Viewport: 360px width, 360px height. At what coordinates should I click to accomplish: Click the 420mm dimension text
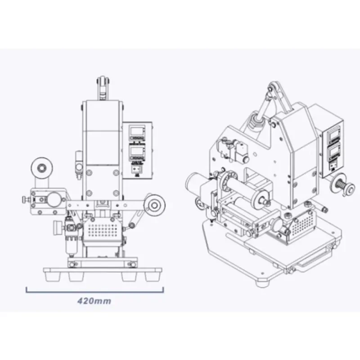[94, 301]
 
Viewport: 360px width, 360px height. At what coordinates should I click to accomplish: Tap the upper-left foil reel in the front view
[41, 168]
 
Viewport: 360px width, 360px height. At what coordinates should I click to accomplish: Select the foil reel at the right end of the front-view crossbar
[155, 205]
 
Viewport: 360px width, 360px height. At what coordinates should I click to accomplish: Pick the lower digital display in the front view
[137, 151]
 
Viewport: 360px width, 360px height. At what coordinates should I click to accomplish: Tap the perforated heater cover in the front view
[103, 230]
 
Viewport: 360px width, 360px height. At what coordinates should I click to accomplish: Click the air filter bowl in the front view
[71, 246]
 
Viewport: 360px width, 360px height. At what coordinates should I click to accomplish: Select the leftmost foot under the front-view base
[52, 277]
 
